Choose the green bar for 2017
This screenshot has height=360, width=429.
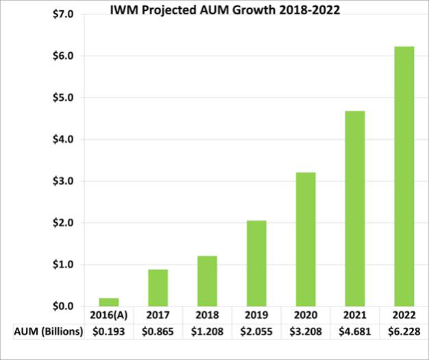(157, 287)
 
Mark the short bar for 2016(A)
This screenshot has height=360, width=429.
(108, 302)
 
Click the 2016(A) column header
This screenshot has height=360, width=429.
(108, 315)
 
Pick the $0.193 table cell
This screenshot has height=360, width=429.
(108, 331)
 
